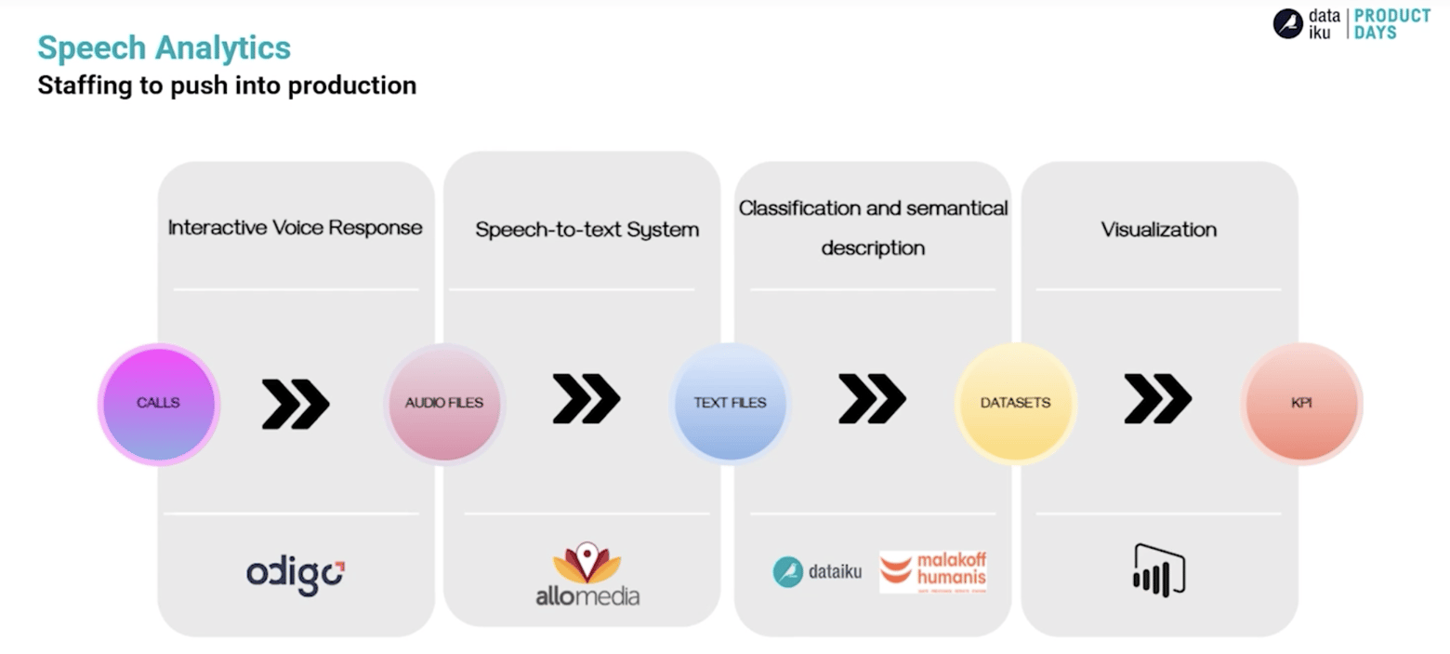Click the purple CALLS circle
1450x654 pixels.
[x=159, y=403]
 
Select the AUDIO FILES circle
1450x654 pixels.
[x=444, y=403]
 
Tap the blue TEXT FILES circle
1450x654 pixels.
[x=730, y=403]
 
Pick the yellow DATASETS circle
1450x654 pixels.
[x=1015, y=403]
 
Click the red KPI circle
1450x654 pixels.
[x=1301, y=403]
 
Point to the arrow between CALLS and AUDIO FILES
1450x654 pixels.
[x=296, y=403]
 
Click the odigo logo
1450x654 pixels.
[x=296, y=575]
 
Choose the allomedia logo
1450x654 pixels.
[x=587, y=575]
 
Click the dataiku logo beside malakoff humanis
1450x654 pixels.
[x=817, y=571]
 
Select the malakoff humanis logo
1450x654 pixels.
[x=932, y=571]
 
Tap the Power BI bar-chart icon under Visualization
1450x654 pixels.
[x=1158, y=570]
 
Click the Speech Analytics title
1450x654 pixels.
[x=164, y=47]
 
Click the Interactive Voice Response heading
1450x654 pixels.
[x=295, y=227]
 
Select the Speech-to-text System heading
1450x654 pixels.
[x=587, y=229]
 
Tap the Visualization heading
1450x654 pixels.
[x=1158, y=229]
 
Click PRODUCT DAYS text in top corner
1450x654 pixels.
[x=1391, y=24]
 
